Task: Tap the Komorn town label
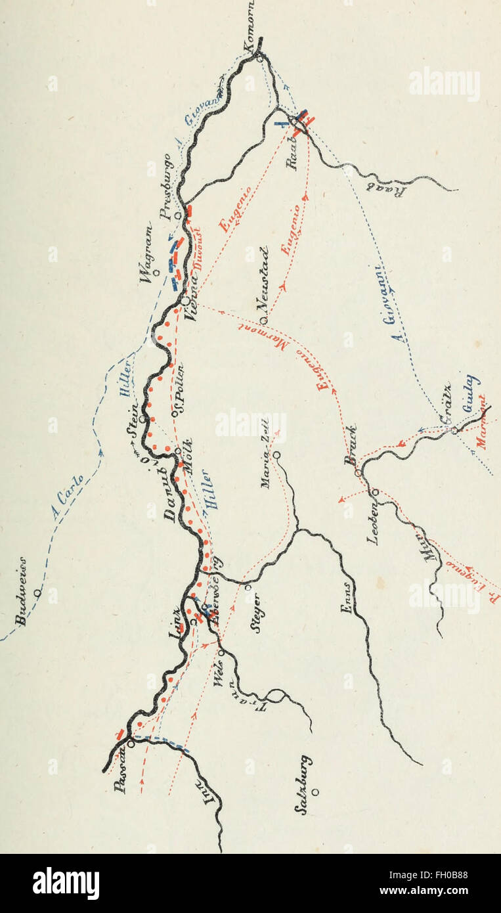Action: [x=250, y=27]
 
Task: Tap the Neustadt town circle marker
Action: [x=262, y=321]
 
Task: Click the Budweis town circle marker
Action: [x=38, y=592]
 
